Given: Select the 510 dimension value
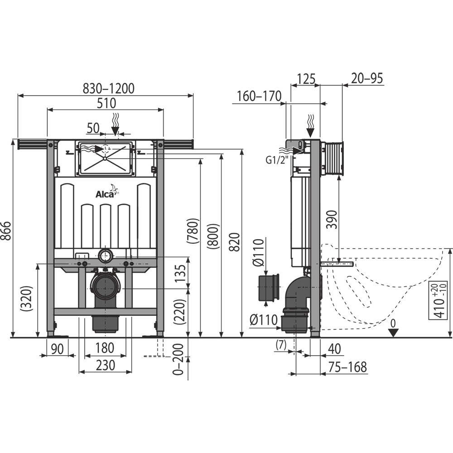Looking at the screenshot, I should coord(106,103).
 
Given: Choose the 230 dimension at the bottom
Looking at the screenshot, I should coord(105,365).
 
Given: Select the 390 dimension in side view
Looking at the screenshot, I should coord(332,220).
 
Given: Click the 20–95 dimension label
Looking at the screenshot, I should coord(366,78).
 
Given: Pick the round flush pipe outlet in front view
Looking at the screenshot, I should coord(105,255).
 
